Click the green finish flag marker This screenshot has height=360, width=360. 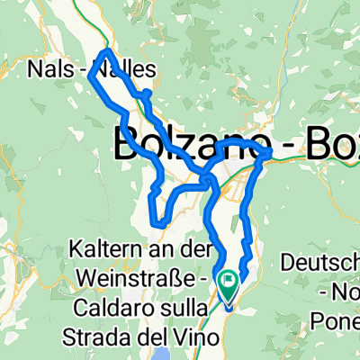(x=227, y=285)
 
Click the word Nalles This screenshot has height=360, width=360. (x=125, y=68)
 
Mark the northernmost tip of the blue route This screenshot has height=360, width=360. (x=107, y=49)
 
